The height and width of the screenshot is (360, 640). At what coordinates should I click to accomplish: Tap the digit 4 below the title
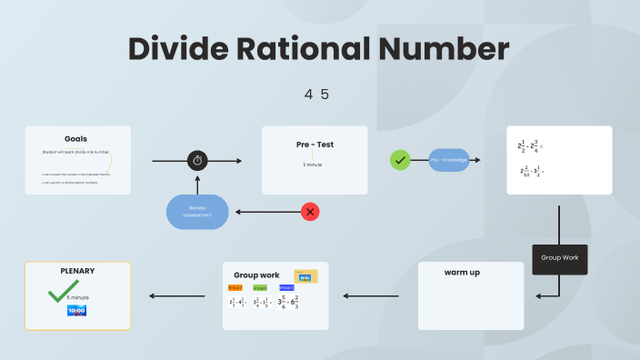point(309,94)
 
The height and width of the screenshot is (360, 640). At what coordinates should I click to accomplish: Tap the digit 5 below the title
point(325,94)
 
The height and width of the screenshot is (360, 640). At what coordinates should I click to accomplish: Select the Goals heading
point(76,138)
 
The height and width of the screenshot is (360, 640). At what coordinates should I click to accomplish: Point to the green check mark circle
point(400,160)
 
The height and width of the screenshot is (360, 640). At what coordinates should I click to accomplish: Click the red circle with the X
point(311,212)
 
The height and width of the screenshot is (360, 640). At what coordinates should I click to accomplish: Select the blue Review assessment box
point(197,211)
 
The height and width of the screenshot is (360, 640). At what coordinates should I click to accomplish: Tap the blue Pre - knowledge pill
point(448,160)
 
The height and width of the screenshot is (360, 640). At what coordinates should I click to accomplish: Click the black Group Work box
point(559,258)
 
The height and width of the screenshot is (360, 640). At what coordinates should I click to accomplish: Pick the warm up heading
point(463,273)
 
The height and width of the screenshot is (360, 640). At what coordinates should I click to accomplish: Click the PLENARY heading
point(77,271)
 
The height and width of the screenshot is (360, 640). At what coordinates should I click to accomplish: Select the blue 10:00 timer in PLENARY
point(77,311)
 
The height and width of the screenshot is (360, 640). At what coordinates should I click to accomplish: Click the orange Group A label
point(235,287)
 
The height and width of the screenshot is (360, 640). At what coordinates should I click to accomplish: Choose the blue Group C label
point(285,287)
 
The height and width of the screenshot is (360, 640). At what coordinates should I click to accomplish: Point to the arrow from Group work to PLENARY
point(176,295)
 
